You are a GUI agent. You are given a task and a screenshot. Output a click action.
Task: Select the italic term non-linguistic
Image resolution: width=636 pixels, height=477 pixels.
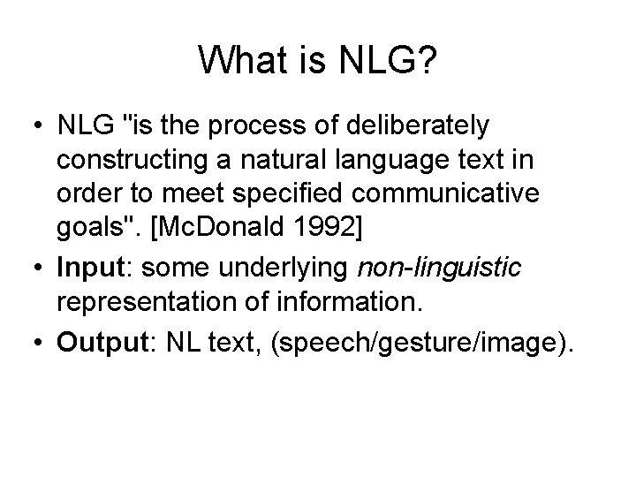click(x=434, y=264)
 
